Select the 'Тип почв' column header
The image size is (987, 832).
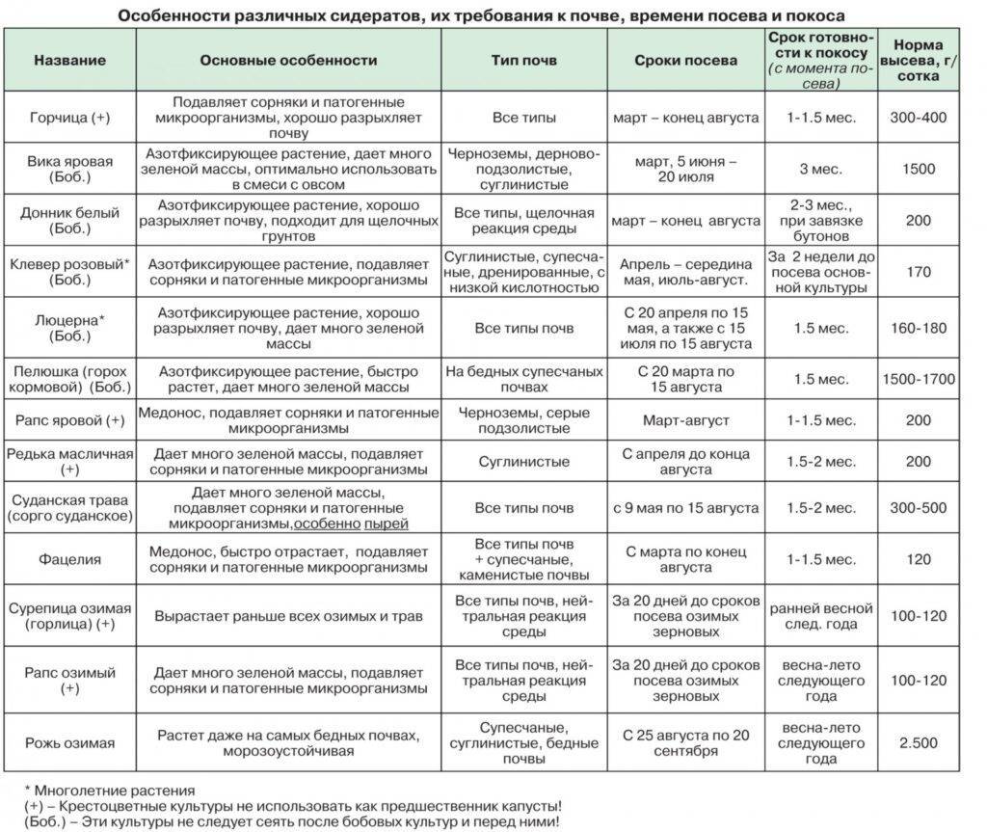[523, 60]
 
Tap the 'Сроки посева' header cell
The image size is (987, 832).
[685, 60]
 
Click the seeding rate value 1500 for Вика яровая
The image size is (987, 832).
[919, 169]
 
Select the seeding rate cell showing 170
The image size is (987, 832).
[919, 272]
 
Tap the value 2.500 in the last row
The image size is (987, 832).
[919, 742]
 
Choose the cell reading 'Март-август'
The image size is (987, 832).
[685, 421]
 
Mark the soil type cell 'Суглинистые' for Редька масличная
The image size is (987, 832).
[523, 462]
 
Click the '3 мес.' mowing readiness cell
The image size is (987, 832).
[821, 169]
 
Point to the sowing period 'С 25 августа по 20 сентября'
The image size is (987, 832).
[685, 742]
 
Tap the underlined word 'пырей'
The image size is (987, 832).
[387, 523]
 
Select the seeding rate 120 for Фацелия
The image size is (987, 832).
[919, 559]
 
